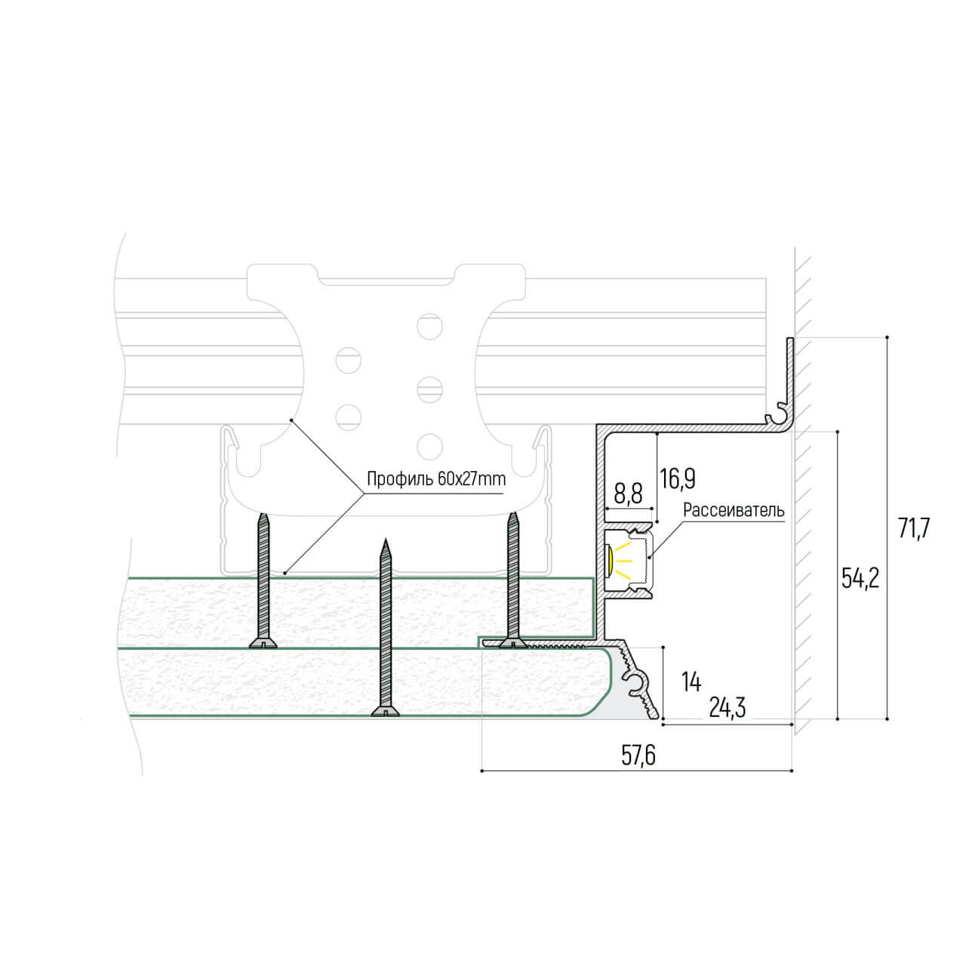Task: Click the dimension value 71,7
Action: pyautogui.click(x=914, y=528)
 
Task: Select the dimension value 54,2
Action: pyautogui.click(x=860, y=580)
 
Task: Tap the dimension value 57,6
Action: pyautogui.click(x=638, y=756)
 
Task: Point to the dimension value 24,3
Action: pyautogui.click(x=728, y=708)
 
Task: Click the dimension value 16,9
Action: pyautogui.click(x=677, y=479)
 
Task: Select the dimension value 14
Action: pyautogui.click(x=692, y=682)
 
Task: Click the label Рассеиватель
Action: pyautogui.click(x=734, y=510)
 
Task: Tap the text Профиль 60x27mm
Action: pyautogui.click(x=436, y=478)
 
